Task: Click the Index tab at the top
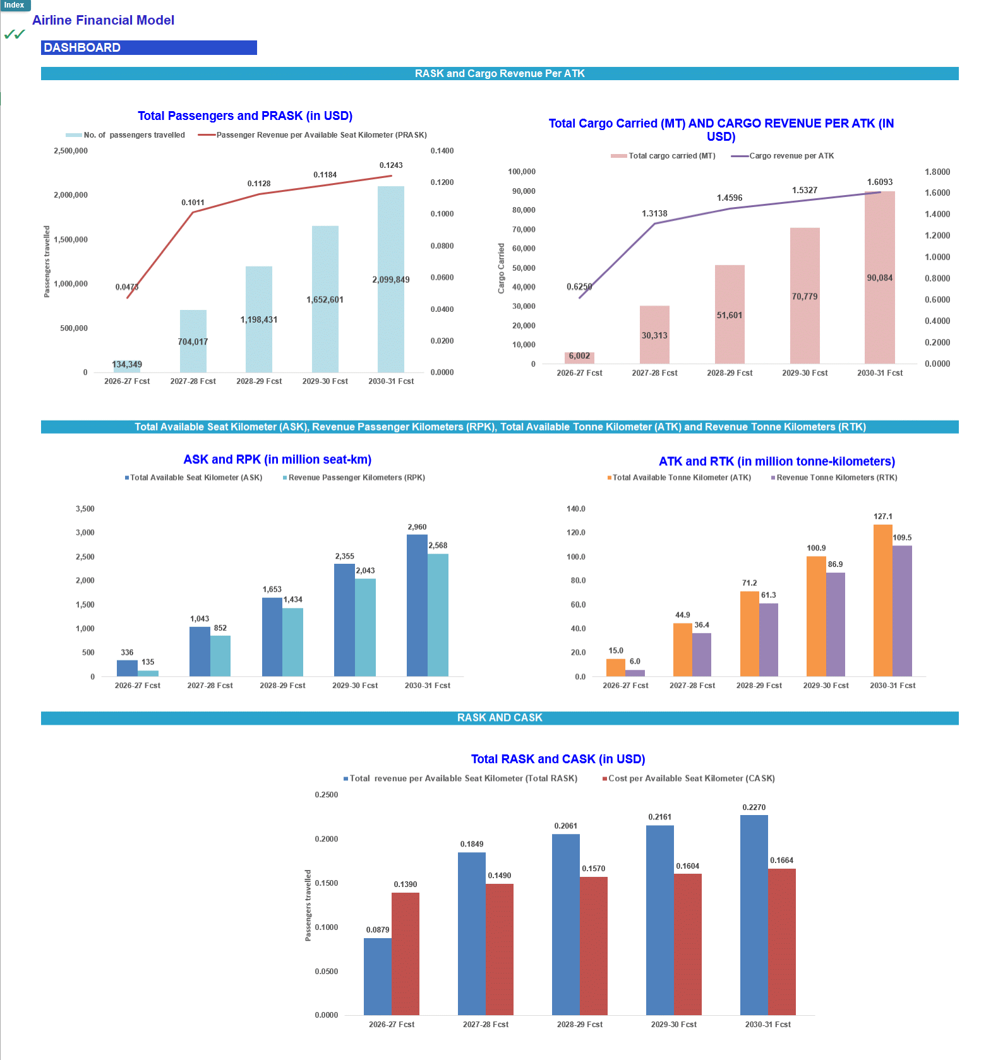click(x=15, y=5)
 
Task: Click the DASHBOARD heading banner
click(x=148, y=48)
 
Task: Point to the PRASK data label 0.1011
click(x=193, y=203)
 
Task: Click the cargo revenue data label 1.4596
click(x=730, y=198)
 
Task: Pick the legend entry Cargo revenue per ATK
click(x=783, y=156)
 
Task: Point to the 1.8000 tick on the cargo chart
click(x=937, y=172)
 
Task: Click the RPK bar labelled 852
click(x=220, y=656)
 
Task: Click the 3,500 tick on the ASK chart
click(x=85, y=509)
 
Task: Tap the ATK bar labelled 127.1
click(x=882, y=600)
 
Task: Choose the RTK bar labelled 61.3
click(x=769, y=640)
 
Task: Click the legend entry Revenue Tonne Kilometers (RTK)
click(x=834, y=478)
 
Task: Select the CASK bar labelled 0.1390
click(x=405, y=953)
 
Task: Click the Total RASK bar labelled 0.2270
click(x=754, y=915)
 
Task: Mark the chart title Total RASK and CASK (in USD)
click(x=558, y=759)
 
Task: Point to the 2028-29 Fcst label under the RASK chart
click(x=579, y=1025)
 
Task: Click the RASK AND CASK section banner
click(x=500, y=718)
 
